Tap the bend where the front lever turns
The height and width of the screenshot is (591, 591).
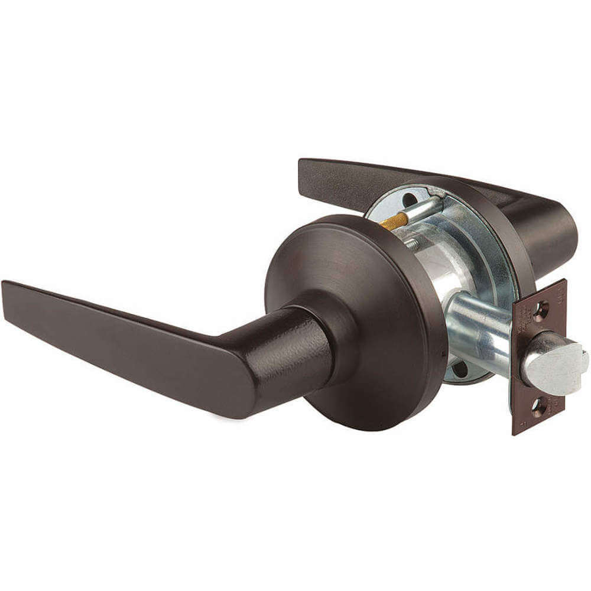click(248, 378)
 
